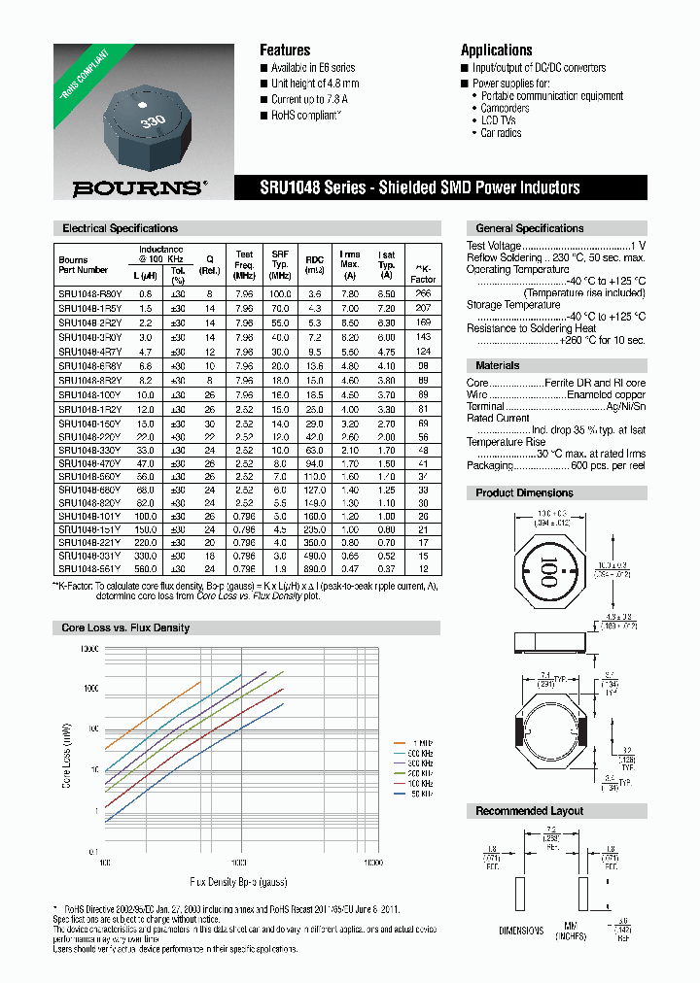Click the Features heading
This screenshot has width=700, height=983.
click(x=285, y=50)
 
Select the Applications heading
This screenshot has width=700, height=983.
click(x=496, y=50)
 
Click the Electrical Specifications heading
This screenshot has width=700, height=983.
click(x=120, y=228)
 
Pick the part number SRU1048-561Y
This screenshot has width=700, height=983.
click(x=90, y=568)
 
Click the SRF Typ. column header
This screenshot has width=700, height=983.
click(x=281, y=263)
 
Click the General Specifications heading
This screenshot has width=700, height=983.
click(x=529, y=228)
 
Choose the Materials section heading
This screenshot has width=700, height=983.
click(x=497, y=365)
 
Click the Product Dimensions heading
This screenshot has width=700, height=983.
click(x=524, y=493)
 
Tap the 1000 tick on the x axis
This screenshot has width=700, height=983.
click(x=239, y=863)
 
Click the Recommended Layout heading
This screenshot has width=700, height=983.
click(x=529, y=810)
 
